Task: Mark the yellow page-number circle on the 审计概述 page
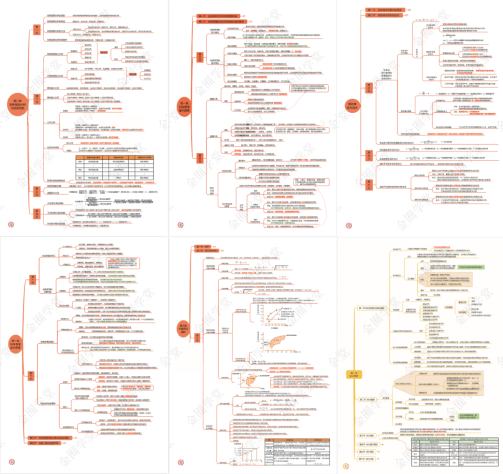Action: (x=345, y=465)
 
